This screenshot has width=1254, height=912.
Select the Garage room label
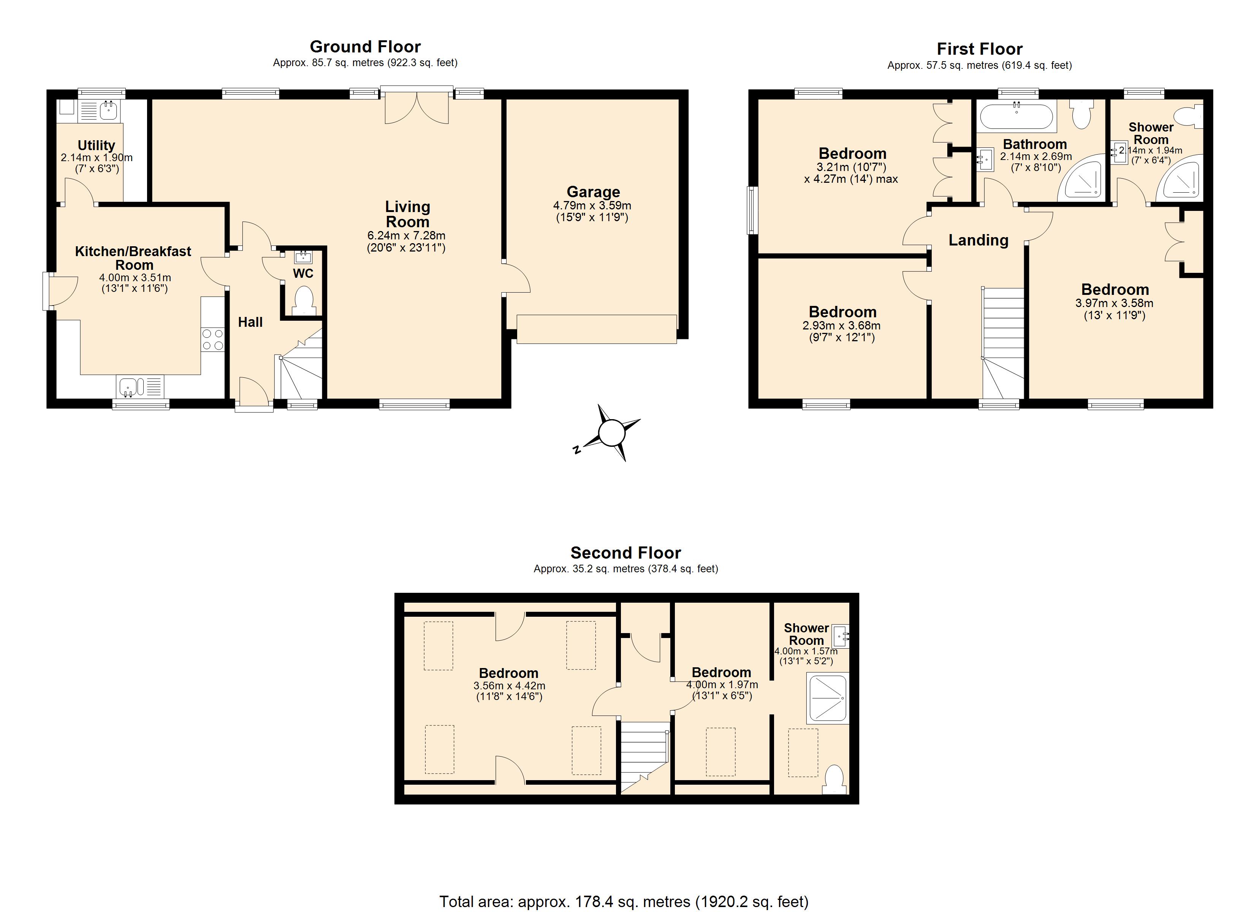tap(593, 192)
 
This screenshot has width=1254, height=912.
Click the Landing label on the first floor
tap(978, 240)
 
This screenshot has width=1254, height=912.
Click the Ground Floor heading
tap(365, 46)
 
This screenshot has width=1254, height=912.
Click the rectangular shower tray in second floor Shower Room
tap(827, 698)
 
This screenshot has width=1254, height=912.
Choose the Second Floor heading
tap(625, 553)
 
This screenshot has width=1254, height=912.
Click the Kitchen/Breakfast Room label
tap(133, 258)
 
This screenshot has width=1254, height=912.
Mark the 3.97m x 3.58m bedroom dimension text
tap(1114, 303)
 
